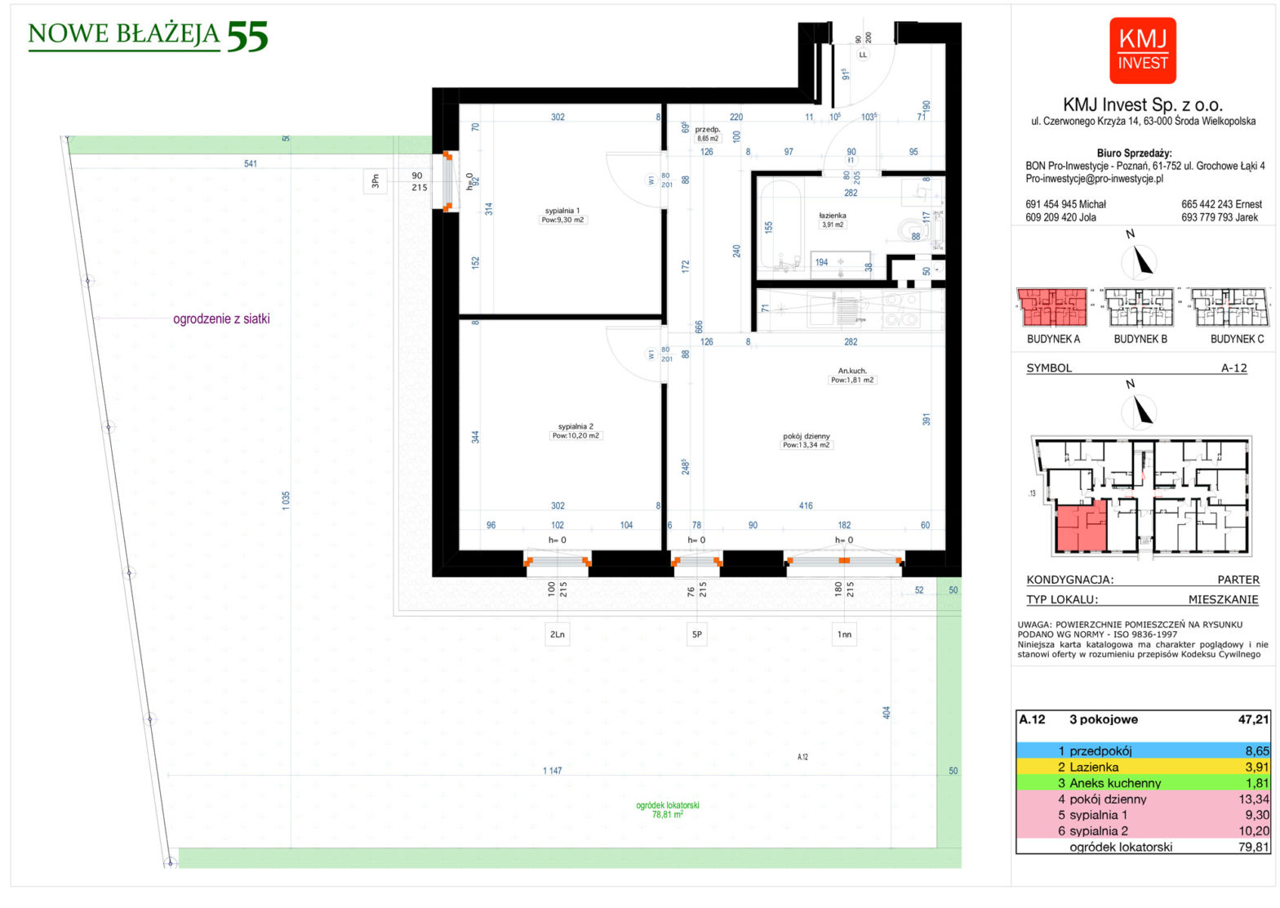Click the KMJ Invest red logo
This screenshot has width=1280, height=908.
tap(1142, 51)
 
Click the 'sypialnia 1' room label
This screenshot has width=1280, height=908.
tap(562, 211)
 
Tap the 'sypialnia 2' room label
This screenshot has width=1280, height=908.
tap(576, 426)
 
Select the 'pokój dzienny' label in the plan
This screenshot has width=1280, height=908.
tap(806, 436)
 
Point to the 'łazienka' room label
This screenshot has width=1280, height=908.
tap(833, 216)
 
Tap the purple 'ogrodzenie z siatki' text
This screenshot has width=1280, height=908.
tap(221, 319)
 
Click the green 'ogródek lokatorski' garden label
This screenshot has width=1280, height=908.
tap(667, 805)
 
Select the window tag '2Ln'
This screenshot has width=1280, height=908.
tap(558, 634)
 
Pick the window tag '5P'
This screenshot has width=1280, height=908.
tap(696, 634)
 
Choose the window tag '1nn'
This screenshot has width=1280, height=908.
tap(844, 634)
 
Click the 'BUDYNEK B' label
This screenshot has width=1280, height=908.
tap(1140, 339)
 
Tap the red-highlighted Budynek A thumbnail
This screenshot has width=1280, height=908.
tap(1052, 308)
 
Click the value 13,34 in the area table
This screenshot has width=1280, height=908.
tap(1252, 799)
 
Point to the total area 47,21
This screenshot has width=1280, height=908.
tap(1253, 719)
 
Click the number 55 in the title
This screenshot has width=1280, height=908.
tap(247, 36)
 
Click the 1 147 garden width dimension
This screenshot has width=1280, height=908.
tap(553, 771)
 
